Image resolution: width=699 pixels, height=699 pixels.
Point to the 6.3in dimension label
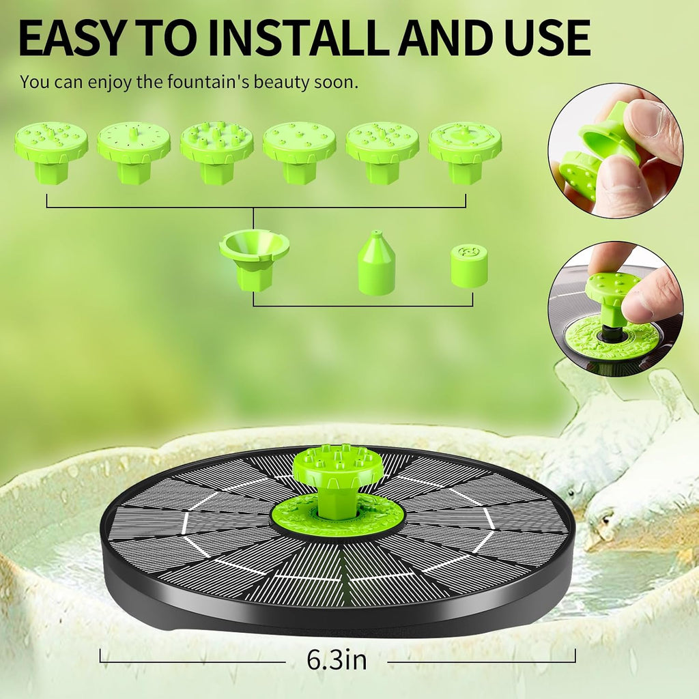pyautogui.click(x=337, y=660)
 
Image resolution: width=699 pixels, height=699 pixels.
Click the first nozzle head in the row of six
pyautogui.click(x=51, y=152)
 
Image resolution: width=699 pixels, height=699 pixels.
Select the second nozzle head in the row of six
pyautogui.click(x=134, y=152)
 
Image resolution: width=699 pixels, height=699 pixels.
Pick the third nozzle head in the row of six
pyautogui.click(x=217, y=152)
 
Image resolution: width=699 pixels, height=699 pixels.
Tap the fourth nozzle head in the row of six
pyautogui.click(x=300, y=152)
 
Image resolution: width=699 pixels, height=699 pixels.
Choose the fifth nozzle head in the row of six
pyautogui.click(x=382, y=152)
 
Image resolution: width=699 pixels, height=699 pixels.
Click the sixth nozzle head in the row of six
pyautogui.click(x=465, y=152)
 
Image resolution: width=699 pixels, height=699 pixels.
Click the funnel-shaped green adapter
pyautogui.click(x=254, y=260)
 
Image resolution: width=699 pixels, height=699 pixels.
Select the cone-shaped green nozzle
pyautogui.click(x=377, y=263)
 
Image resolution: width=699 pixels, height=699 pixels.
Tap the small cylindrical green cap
pyautogui.click(x=469, y=266)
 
